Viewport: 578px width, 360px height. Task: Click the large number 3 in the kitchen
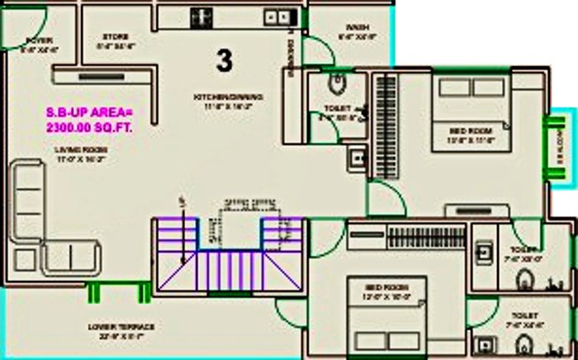click(x=224, y=59)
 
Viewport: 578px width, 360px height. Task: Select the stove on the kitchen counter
click(x=200, y=17)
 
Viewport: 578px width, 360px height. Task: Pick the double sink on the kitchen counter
click(x=276, y=17)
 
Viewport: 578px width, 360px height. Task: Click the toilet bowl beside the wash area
click(x=337, y=83)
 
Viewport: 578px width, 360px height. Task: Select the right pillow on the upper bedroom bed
click(x=488, y=88)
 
